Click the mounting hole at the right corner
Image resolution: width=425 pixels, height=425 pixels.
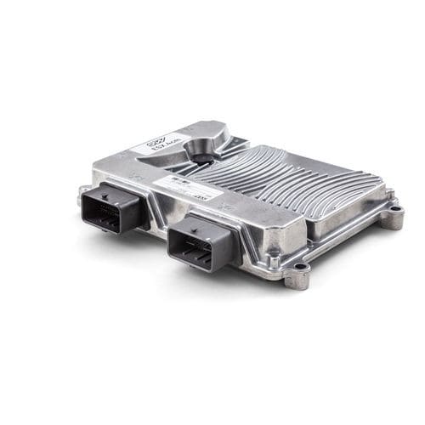(x=393, y=216)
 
